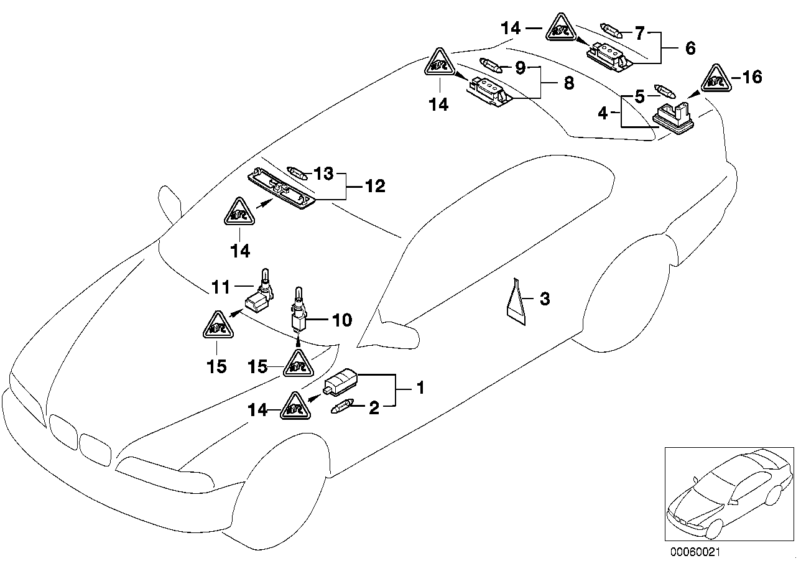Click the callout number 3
[544, 300]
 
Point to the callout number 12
[376, 185]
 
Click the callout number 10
[342, 320]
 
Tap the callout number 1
[420, 389]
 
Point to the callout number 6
[690, 48]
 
